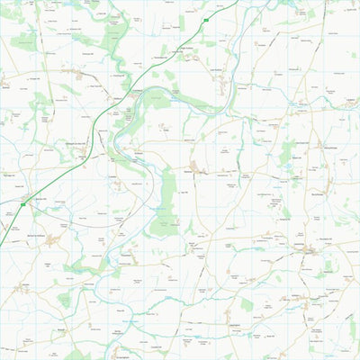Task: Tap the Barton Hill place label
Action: point(40,197)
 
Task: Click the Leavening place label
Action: point(306,243)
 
